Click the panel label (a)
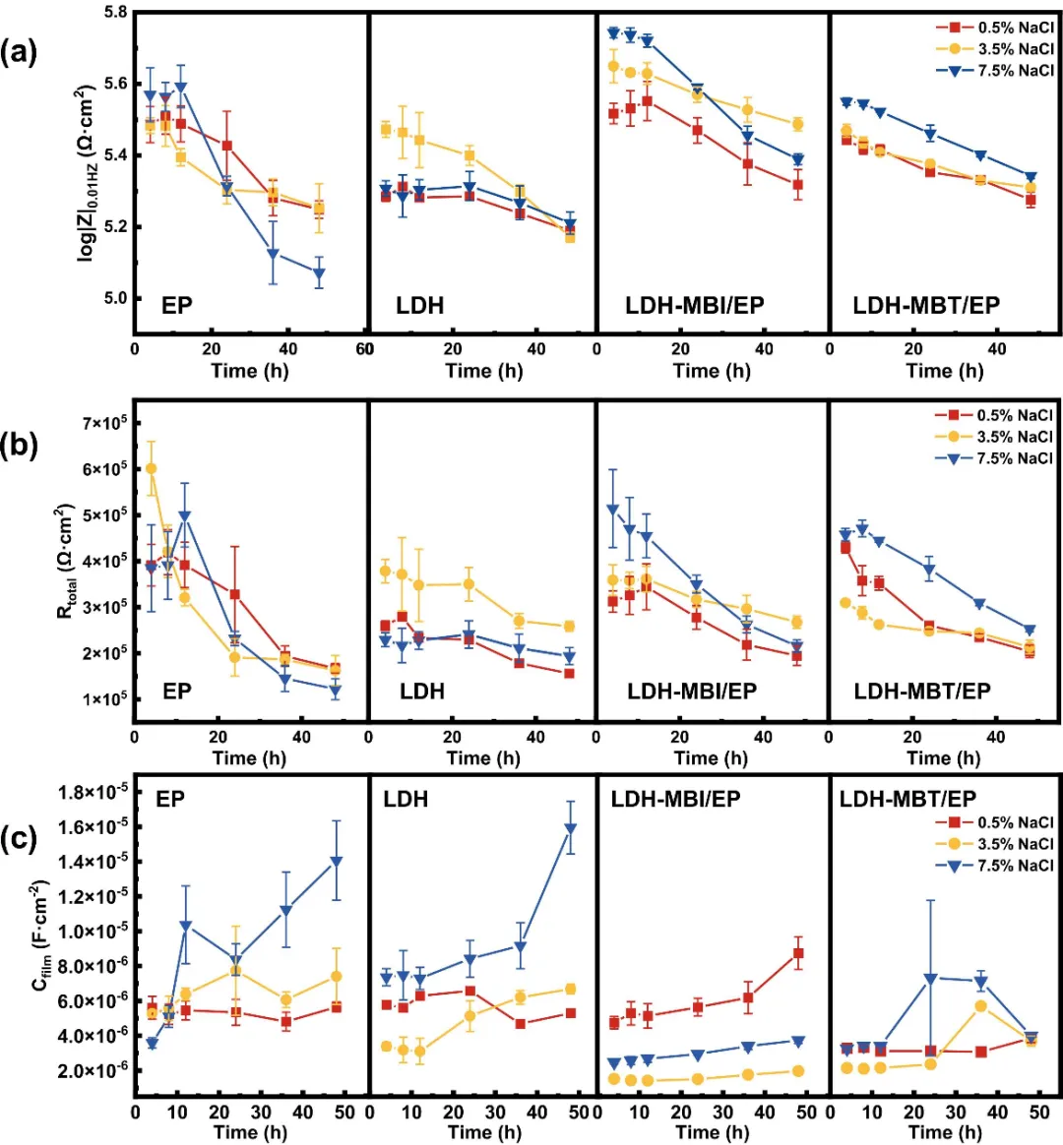coord(19,51)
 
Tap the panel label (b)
coord(19,445)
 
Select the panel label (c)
coord(19,838)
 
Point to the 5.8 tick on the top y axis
coord(115,13)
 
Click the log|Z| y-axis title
coord(86,174)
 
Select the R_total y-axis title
coord(65,561)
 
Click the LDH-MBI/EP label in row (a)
coord(694,305)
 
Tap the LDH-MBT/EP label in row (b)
coord(922,691)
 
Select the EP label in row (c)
coord(170,799)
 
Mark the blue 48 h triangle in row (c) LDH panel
coord(569,828)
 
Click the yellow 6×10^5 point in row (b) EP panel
coord(151,468)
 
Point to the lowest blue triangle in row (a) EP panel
coord(319,274)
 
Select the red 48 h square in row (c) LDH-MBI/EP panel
coord(798,953)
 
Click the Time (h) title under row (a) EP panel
coord(249,371)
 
